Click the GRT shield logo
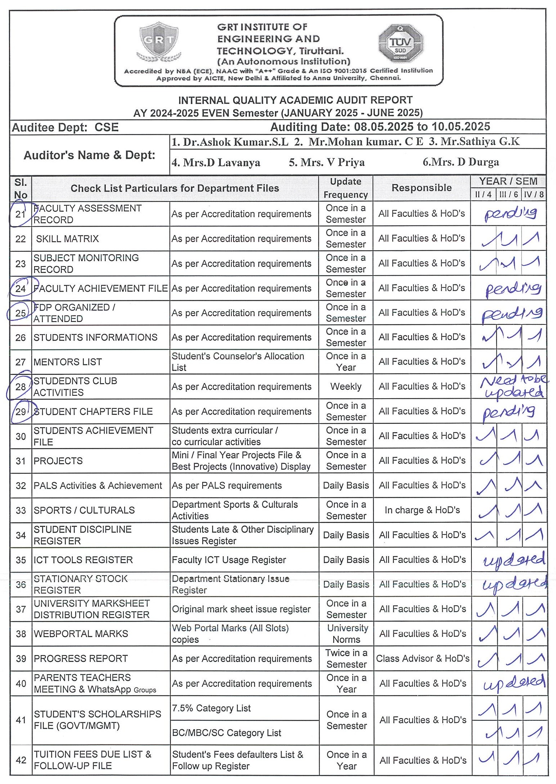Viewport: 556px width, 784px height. (158, 42)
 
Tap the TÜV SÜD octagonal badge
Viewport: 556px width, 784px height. (400, 44)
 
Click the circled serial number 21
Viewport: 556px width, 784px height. (20, 214)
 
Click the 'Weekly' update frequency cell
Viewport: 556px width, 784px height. (345, 386)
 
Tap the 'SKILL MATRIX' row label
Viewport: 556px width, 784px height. (67, 239)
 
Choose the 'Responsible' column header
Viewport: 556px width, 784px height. (421, 188)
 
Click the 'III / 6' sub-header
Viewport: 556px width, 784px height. (508, 195)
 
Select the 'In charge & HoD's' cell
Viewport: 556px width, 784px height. (422, 510)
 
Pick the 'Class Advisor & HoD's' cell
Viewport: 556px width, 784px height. (422, 659)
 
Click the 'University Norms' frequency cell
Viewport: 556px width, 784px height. (347, 634)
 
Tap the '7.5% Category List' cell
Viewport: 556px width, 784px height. (211, 708)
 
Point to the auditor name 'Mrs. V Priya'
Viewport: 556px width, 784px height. (326, 162)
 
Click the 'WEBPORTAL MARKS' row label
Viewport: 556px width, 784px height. (81, 634)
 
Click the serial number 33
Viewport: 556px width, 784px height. (21, 511)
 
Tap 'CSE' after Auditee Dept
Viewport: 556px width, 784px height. (107, 127)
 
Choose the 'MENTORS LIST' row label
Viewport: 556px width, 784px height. (68, 362)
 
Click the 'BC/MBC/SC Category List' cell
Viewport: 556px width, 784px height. (226, 733)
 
